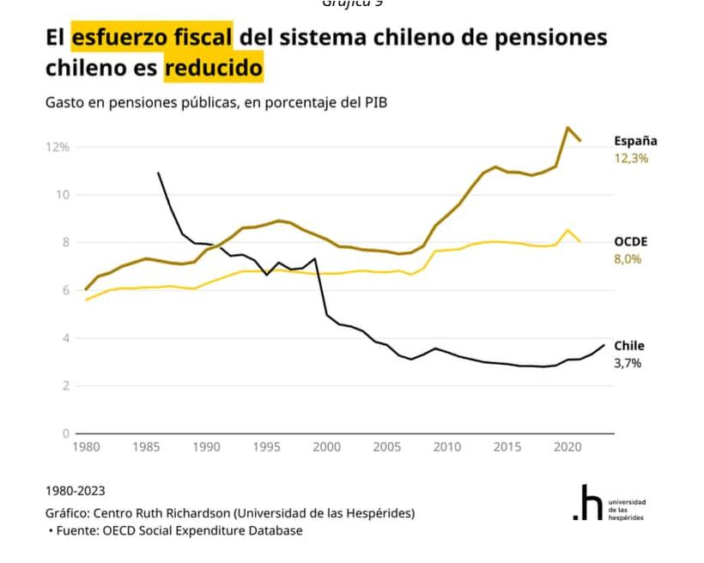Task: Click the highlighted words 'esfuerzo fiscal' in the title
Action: click(x=152, y=38)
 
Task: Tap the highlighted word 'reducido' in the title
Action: click(x=213, y=67)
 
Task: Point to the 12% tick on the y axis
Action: click(x=58, y=147)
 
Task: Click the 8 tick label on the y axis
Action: click(x=64, y=242)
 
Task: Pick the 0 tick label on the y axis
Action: click(x=64, y=433)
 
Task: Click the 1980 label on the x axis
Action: click(x=86, y=447)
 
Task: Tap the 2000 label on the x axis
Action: click(x=326, y=447)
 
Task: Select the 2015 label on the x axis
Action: click(x=507, y=447)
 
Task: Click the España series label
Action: click(x=635, y=141)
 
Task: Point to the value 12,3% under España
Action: click(x=631, y=159)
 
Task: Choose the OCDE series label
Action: click(x=631, y=242)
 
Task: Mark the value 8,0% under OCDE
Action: click(x=628, y=259)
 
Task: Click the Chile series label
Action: click(x=629, y=346)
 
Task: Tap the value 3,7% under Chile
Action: click(x=628, y=363)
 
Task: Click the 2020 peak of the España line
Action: click(x=567, y=127)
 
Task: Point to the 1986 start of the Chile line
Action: click(x=158, y=173)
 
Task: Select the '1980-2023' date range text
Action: click(x=76, y=491)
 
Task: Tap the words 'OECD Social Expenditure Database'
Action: click(x=203, y=530)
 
